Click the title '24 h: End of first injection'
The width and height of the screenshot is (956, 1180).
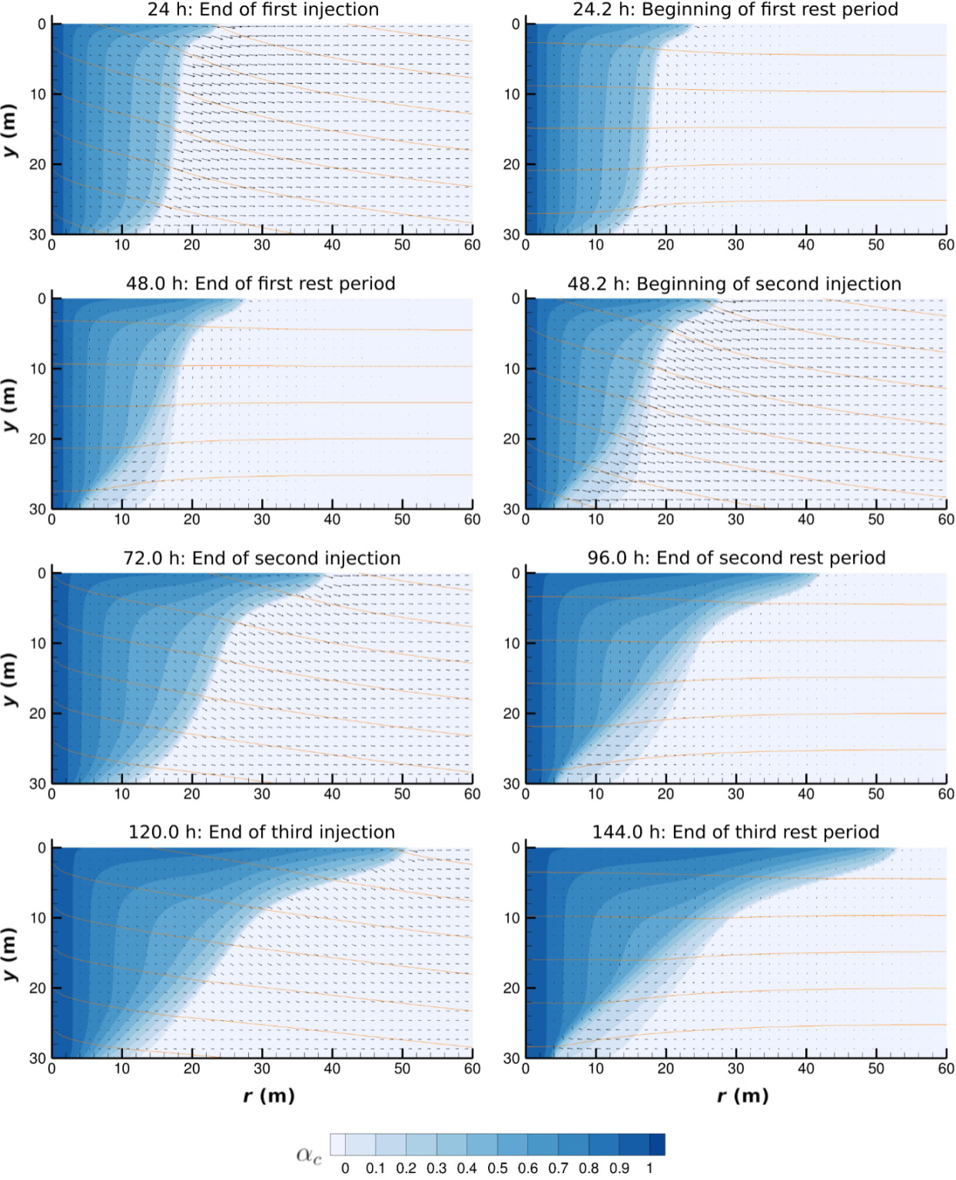coord(263,10)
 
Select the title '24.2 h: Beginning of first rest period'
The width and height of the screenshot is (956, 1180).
coord(735,10)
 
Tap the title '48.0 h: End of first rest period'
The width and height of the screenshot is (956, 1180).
coord(261,283)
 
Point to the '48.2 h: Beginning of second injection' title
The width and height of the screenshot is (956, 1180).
coord(734,284)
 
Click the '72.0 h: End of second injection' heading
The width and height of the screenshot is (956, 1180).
coord(261,559)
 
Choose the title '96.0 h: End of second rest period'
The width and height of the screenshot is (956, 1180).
coord(736,558)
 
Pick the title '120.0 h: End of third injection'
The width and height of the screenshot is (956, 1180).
coord(261,832)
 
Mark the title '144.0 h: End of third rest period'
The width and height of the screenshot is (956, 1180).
coord(735,832)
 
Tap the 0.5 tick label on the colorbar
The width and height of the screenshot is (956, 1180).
coord(497,1168)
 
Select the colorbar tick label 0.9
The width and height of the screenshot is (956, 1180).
coord(619,1168)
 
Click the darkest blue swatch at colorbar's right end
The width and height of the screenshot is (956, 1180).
coord(657,1145)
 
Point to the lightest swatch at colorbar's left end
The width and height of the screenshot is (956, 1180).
coord(337,1145)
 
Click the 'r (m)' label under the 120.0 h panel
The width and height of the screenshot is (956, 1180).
coord(269,1095)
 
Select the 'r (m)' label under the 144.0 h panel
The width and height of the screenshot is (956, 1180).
coord(742,1095)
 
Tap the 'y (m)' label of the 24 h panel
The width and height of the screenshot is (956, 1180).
coord(10,130)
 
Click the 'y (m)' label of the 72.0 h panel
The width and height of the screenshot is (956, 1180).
coord(10,679)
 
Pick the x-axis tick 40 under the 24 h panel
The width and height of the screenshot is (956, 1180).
coord(332,245)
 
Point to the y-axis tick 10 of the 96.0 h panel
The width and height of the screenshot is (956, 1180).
coord(512,644)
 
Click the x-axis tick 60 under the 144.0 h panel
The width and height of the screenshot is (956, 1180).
coord(945,1069)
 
